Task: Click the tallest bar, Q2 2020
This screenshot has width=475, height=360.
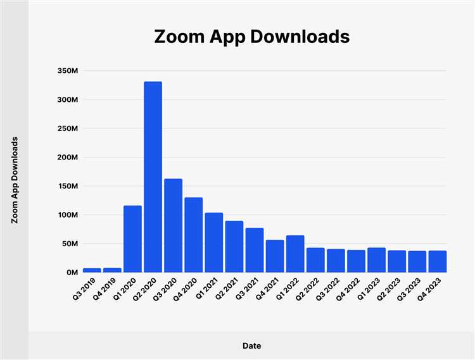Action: [153, 177]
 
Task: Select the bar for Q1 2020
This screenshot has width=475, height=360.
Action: [132, 239]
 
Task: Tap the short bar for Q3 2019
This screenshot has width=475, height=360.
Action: [92, 270]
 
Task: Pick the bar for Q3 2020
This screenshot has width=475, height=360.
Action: [173, 225]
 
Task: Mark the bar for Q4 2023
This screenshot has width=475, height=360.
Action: [437, 261]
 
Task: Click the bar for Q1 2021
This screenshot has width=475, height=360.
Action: [213, 242]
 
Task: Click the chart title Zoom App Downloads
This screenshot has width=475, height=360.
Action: [251, 37]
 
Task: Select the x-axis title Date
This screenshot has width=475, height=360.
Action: [251, 346]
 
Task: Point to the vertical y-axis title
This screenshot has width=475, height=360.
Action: [14, 180]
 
